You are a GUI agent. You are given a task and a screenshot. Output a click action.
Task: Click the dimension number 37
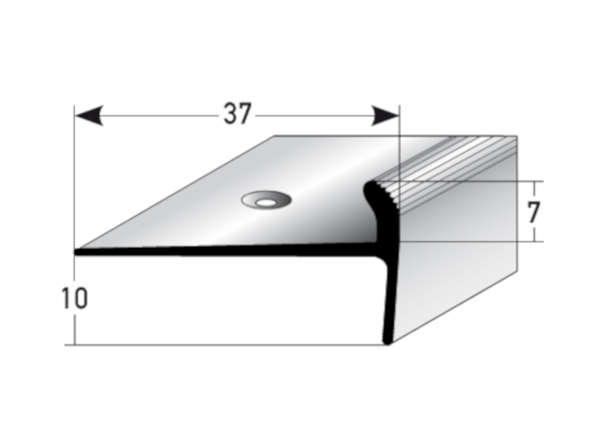pyautogui.click(x=237, y=114)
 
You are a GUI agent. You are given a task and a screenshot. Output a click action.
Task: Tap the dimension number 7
pyautogui.click(x=534, y=212)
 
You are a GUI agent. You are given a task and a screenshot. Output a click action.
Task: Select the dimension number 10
pyautogui.click(x=75, y=298)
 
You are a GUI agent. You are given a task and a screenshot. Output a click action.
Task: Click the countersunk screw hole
pyautogui.click(x=265, y=199)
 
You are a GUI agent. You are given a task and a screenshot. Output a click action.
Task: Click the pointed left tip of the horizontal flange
pyautogui.click(x=75, y=252)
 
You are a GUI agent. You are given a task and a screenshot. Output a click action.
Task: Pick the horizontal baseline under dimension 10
pyautogui.click(x=222, y=345)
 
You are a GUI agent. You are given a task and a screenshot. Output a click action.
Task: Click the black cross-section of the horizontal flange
pyautogui.click(x=222, y=252)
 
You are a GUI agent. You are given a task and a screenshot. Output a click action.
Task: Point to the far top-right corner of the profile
pyautogui.click(x=516, y=136)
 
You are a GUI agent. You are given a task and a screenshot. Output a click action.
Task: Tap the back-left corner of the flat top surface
pyautogui.click(x=275, y=136)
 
